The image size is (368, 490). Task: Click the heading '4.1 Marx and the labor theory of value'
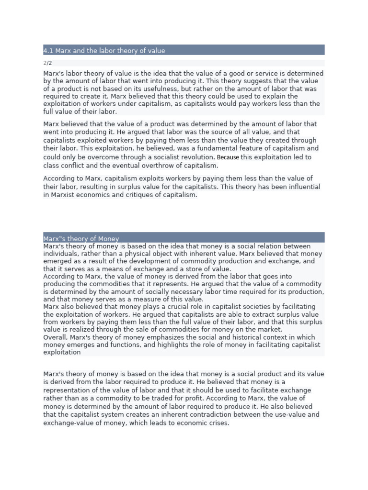(x=104, y=50)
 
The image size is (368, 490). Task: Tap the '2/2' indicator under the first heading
(x=47, y=63)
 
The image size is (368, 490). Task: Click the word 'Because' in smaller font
(x=228, y=157)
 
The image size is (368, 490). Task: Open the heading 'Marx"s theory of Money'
(x=81, y=239)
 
